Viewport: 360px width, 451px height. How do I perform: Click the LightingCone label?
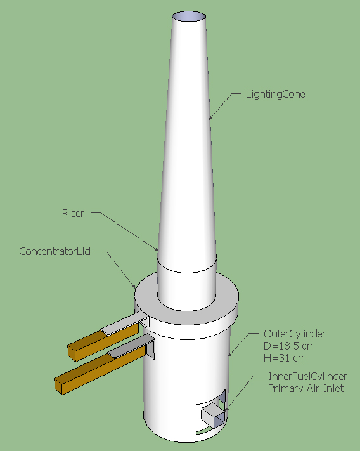(x=275, y=95)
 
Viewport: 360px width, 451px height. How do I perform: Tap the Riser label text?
(x=73, y=213)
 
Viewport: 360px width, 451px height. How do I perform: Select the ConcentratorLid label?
(x=55, y=251)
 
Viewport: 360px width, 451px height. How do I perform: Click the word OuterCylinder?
(x=295, y=334)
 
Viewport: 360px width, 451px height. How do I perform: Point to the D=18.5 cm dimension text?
(x=289, y=346)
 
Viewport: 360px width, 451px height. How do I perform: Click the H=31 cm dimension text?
(x=285, y=358)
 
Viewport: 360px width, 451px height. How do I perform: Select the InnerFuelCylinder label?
(x=307, y=376)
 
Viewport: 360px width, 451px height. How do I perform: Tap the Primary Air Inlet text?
(x=305, y=389)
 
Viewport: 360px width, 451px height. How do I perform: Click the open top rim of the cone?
(x=189, y=16)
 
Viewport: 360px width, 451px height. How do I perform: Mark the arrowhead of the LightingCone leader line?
(x=210, y=117)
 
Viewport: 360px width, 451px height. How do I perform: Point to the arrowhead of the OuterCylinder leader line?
(x=229, y=355)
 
